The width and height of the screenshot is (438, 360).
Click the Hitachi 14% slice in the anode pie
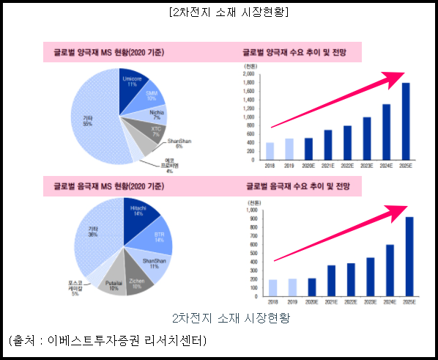pyautogui.click(x=139, y=213)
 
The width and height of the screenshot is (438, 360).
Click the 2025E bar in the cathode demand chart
pyautogui.click(x=406, y=121)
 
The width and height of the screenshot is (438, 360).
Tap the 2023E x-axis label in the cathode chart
pyautogui.click(x=366, y=166)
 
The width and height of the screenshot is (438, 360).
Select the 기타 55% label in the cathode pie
pyautogui.click(x=87, y=120)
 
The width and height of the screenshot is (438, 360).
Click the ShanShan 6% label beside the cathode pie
pyautogui.click(x=179, y=143)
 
